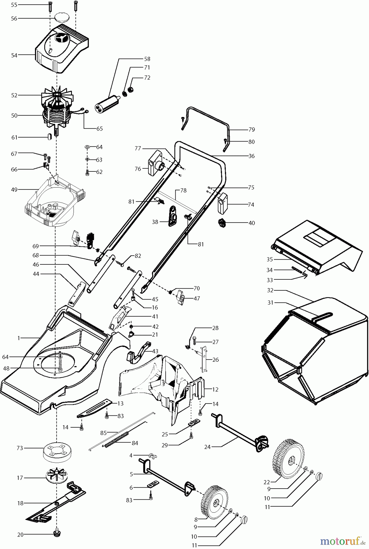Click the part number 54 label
[x=14, y=55]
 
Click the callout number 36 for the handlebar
[x=251, y=156]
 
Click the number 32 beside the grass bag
[x=270, y=290]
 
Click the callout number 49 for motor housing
[x=14, y=189]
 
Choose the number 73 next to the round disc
[x=20, y=448]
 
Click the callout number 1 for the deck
[x=19, y=338]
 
